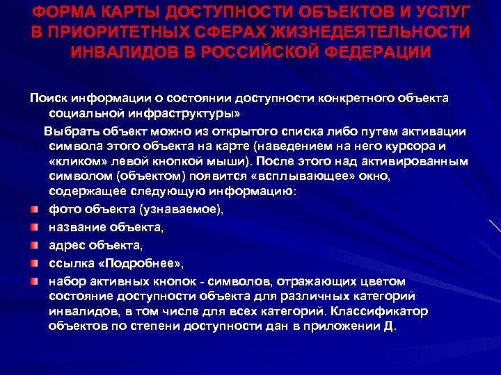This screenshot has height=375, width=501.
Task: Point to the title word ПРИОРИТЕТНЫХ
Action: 126,33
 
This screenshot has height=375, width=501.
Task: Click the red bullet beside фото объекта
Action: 33,209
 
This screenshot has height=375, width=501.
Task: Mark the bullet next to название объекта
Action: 33,227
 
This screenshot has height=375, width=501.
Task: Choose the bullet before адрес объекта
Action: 33,245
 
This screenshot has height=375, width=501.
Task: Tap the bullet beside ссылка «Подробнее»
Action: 33,263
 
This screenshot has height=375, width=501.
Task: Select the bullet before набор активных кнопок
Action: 33,281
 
